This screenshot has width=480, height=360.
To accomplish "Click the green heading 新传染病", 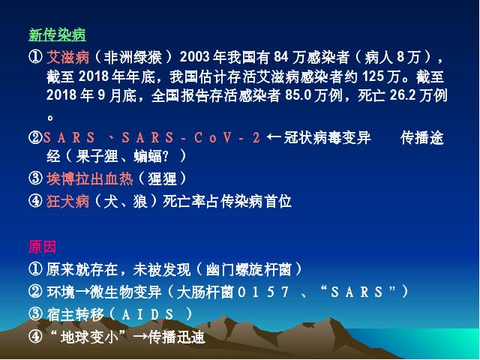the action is tap(57, 34).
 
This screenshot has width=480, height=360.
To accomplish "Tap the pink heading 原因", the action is tap(43, 247).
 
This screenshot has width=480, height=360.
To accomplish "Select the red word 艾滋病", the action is tap(67, 57).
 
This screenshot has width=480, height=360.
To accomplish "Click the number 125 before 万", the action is tap(373, 76).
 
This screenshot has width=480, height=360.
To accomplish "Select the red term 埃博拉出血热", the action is tap(90, 178).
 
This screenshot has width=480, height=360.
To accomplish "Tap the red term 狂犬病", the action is tap(67, 202).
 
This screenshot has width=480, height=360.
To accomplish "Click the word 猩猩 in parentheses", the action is tap(162, 178).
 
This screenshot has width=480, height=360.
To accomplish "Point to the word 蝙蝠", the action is tap(148, 157).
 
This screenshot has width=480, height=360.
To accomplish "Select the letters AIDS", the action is tap(148, 314).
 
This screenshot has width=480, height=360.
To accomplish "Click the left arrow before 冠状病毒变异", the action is tap(274, 136).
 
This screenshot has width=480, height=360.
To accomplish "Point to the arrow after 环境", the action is tap(82, 292).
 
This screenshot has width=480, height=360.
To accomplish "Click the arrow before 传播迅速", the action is tap(140, 337).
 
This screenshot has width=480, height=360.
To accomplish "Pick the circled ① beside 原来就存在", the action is tap(35, 269).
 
